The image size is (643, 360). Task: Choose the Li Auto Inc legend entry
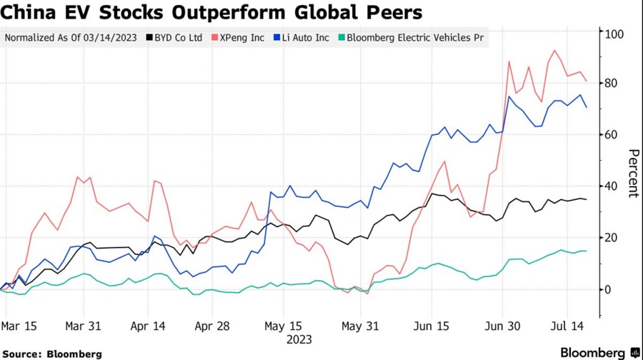coord(304,37)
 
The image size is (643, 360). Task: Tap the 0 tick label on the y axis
coord(609,289)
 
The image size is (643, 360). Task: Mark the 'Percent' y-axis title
coord(632,173)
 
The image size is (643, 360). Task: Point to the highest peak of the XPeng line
coord(554,51)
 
